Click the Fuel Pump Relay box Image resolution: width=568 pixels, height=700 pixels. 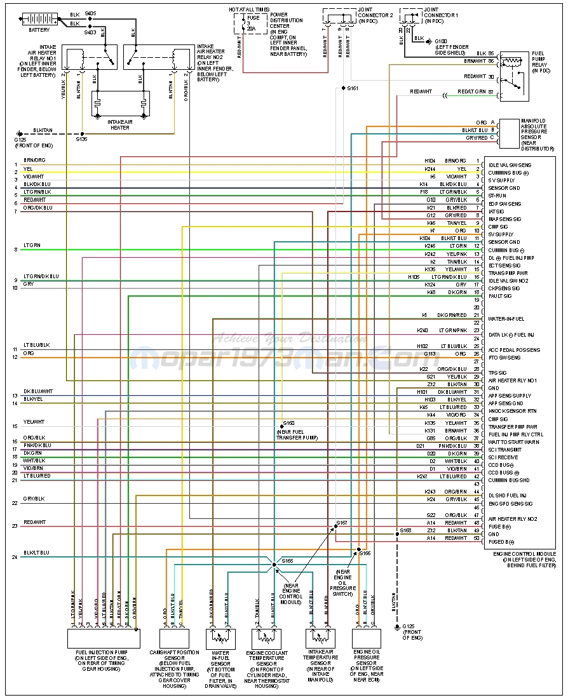(514, 76)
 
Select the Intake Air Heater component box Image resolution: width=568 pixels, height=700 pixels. (120, 104)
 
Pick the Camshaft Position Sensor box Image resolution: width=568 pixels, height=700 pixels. (174, 638)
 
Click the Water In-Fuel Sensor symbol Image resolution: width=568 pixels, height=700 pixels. (221, 638)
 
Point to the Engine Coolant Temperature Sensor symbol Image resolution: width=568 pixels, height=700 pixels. (267, 638)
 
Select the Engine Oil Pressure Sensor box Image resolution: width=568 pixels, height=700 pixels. (366, 638)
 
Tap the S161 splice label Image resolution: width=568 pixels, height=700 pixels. (353, 88)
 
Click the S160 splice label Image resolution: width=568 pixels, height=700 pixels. (288, 423)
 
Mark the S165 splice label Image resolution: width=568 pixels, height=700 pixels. (287, 561)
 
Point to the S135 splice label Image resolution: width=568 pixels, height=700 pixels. (81, 138)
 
